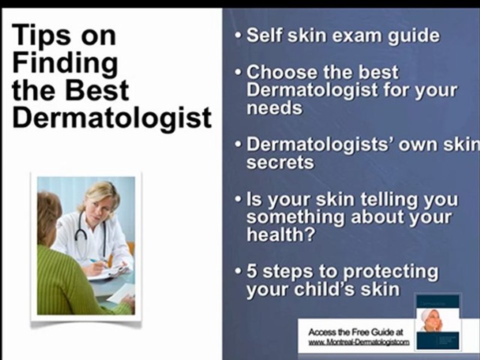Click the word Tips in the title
click(x=40, y=35)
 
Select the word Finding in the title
click(x=65, y=63)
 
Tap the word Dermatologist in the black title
click(x=112, y=118)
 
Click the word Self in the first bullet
click(x=265, y=36)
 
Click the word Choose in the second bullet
click(x=281, y=72)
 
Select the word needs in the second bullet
click(x=274, y=108)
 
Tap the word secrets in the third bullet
click(x=280, y=162)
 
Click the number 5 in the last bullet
click(x=252, y=271)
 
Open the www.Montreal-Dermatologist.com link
click(x=358, y=342)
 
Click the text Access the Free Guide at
click(x=355, y=332)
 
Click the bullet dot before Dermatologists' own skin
click(x=239, y=145)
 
